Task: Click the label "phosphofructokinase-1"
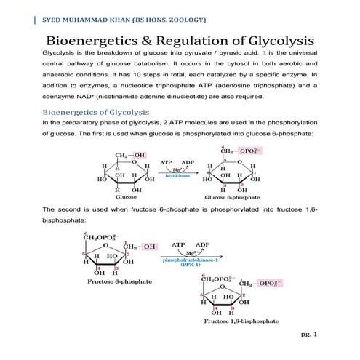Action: tap(193, 259)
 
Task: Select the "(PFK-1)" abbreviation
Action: tap(192, 265)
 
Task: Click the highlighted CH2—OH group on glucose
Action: tap(130, 155)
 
